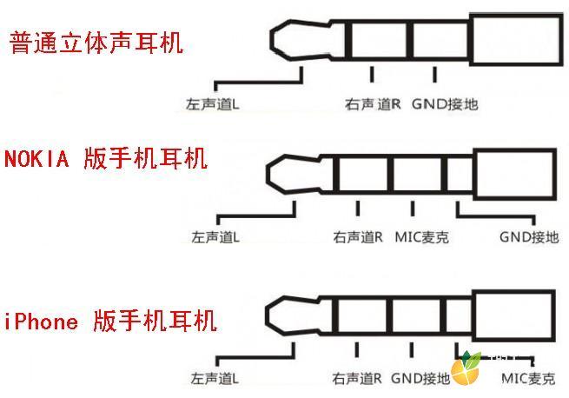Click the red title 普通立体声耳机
tap(96, 43)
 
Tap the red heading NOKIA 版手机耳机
tap(106, 158)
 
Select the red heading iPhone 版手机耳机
tap(110, 321)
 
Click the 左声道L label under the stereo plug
tap(212, 104)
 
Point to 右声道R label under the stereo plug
tap(373, 104)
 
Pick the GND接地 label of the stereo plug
tap(445, 104)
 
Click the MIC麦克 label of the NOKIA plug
tap(421, 237)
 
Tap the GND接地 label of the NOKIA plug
tap(529, 237)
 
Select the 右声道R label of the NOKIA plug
tap(358, 237)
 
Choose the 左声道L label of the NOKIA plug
tap(215, 237)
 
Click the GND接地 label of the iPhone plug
tap(420, 378)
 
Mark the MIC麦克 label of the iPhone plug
tap(528, 379)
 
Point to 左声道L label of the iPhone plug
tap(215, 378)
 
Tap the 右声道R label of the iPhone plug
tap(357, 378)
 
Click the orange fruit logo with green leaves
tap(466, 368)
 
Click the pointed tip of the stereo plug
tap(271, 40)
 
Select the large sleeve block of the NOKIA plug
tap(515, 175)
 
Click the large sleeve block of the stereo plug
tap(516, 40)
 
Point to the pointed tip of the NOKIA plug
tap(267, 174)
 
